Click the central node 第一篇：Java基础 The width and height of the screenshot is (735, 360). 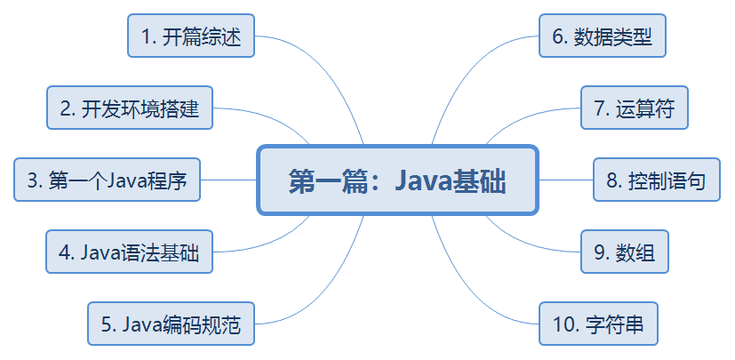point(397,180)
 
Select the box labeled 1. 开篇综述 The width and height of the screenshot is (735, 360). point(191,36)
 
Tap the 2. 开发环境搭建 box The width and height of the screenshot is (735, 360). point(130,108)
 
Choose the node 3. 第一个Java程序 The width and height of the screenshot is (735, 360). point(107,180)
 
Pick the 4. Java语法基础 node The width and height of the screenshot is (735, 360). point(130,252)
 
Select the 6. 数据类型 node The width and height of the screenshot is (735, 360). point(603,36)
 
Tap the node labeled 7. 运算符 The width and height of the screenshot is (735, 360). point(634,108)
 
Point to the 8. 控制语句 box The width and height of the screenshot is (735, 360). point(657,180)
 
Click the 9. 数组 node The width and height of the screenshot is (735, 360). point(624,252)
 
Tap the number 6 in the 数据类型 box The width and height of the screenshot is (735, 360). point(558,36)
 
